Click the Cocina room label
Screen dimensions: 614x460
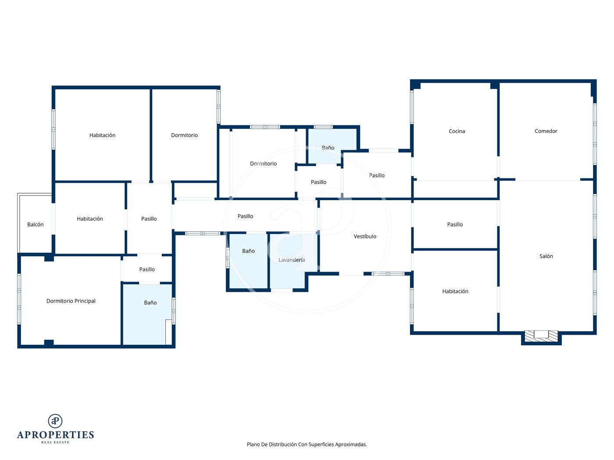[x=457, y=131]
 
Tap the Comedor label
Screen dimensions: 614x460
[x=546, y=131]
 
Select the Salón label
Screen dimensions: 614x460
[x=546, y=256]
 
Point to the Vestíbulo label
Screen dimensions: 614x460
[x=365, y=236]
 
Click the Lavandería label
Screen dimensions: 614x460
[x=292, y=260]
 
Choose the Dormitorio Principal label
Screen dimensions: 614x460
[x=71, y=301]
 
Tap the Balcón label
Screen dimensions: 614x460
[x=35, y=225]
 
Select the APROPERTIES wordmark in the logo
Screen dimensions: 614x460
[x=55, y=435]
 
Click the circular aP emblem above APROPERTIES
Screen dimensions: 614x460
[x=55, y=421]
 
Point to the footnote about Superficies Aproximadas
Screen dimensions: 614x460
[x=307, y=444]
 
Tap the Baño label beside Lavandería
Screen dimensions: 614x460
[x=248, y=251]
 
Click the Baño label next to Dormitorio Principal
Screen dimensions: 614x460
[x=150, y=303]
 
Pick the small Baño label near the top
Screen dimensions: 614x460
[x=328, y=148]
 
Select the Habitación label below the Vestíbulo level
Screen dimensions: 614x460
[x=455, y=291]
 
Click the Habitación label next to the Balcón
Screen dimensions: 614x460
[x=90, y=219]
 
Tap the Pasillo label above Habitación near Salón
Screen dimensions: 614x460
[x=455, y=225]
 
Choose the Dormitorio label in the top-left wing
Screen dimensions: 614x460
[x=184, y=135]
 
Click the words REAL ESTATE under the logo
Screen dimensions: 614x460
[x=55, y=442]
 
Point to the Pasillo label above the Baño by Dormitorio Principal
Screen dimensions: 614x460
[x=147, y=269]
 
